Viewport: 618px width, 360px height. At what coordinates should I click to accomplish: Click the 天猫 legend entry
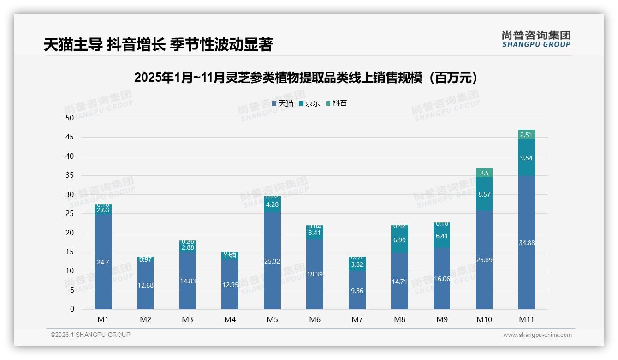coord(282,103)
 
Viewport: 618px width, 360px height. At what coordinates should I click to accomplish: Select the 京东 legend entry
coord(309,103)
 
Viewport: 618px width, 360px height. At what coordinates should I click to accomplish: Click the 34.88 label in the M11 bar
coord(526,243)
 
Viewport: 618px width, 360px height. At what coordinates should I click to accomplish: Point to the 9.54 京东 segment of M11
coord(526,158)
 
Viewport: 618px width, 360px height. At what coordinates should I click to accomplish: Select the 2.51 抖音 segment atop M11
coord(526,135)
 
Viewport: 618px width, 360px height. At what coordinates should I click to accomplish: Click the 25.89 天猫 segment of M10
coord(484,260)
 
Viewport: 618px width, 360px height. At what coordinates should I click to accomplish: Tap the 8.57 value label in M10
coord(484,194)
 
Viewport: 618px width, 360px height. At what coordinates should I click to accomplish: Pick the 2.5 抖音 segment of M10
coord(484,173)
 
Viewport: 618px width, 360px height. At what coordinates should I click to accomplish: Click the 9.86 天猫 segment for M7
coord(357,291)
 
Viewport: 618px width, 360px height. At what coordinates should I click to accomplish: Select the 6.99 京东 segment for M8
coord(399,240)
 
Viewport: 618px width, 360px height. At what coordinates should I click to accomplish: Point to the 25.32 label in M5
coord(272,261)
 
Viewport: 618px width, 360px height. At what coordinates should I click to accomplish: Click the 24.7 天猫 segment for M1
coord(103,262)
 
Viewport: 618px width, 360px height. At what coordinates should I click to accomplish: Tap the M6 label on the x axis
coord(315,319)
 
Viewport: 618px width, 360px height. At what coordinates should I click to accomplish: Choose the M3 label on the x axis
coord(187,319)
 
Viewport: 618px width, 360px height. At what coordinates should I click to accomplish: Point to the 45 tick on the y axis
coord(69,137)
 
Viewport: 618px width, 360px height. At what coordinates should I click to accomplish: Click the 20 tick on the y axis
coord(69,233)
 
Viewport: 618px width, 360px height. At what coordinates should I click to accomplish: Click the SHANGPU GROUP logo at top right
coord(536,39)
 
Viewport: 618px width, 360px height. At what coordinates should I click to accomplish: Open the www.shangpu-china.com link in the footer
coord(537,335)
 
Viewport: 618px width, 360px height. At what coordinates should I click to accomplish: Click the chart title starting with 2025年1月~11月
coord(306,78)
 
